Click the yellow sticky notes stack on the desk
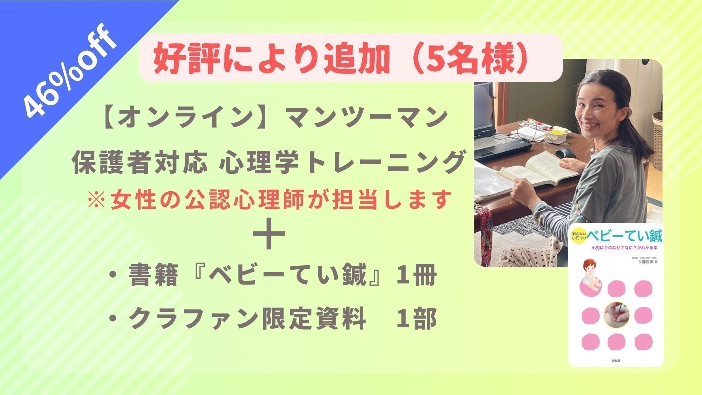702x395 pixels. pyautogui.click(x=556, y=133)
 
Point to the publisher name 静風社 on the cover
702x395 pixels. pyautogui.click(x=616, y=361)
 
